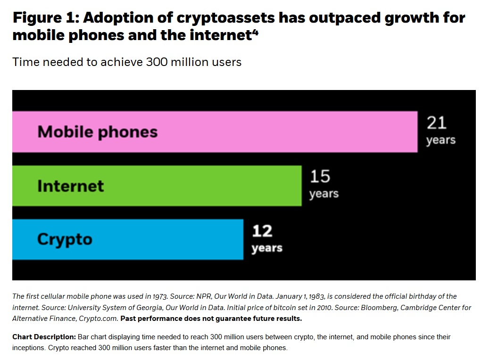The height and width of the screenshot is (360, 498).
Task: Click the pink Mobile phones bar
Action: pyautogui.click(x=283, y=131)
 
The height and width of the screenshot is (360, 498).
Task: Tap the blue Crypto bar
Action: pyautogui.click(x=165, y=239)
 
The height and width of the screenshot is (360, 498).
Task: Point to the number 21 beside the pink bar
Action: pyautogui.click(x=437, y=123)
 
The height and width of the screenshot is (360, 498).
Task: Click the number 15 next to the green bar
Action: pyautogui.click(x=320, y=177)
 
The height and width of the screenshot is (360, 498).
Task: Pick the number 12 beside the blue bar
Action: pyautogui.click(x=262, y=231)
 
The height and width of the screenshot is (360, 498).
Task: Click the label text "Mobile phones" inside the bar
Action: pyautogui.click(x=98, y=131)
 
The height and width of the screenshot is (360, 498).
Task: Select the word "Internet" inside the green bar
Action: pyautogui.click(x=71, y=186)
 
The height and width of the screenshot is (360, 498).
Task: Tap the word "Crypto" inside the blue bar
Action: pyautogui.click(x=65, y=239)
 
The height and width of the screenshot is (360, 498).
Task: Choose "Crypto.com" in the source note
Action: pyautogui.click(x=99, y=319)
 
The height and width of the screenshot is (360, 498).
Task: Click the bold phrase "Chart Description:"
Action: pyautogui.click(x=44, y=337)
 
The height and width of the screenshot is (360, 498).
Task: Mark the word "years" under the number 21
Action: pyautogui.click(x=441, y=140)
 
